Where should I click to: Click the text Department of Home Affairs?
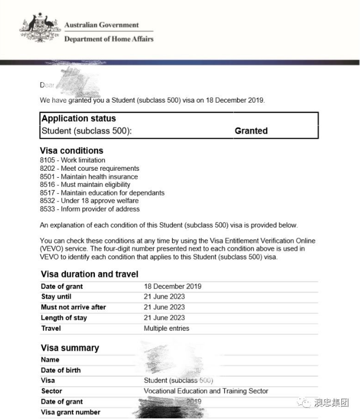108,39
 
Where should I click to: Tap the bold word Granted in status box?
251,131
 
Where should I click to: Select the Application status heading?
78,119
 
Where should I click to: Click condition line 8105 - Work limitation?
72,160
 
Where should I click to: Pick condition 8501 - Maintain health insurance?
89,177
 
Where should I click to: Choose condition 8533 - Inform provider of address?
90,209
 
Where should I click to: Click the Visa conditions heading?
71,151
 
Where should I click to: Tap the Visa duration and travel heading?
89,274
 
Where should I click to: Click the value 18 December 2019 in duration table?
172,286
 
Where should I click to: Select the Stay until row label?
56,296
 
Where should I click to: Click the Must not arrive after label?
73,307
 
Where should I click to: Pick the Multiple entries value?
166,328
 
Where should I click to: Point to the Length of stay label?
63,318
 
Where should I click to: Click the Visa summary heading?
70,348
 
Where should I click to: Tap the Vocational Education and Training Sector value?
206,391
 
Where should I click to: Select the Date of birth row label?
61,370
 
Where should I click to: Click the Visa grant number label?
70,412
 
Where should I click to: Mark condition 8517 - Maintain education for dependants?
102,193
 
